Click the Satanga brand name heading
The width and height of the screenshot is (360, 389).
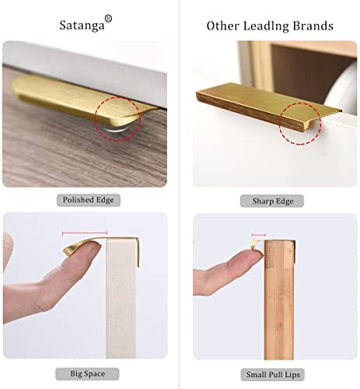(82, 25)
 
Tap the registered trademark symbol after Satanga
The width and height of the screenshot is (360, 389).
(108, 19)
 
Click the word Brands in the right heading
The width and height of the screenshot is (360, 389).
(313, 26)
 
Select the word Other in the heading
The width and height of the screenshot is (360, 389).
(222, 26)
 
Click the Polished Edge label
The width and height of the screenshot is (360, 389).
(89, 200)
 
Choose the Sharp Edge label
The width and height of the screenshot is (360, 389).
(272, 201)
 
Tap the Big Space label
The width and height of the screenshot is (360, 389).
(87, 373)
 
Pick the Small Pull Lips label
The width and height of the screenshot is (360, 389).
(273, 375)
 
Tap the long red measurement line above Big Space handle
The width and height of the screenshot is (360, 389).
(85, 233)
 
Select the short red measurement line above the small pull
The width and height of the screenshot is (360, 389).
(259, 235)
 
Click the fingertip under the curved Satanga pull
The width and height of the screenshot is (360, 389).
(87, 248)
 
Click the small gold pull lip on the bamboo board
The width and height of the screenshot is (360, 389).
(255, 244)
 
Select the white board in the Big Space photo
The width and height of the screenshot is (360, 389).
(121, 298)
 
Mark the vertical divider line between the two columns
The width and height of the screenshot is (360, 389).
(179, 194)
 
